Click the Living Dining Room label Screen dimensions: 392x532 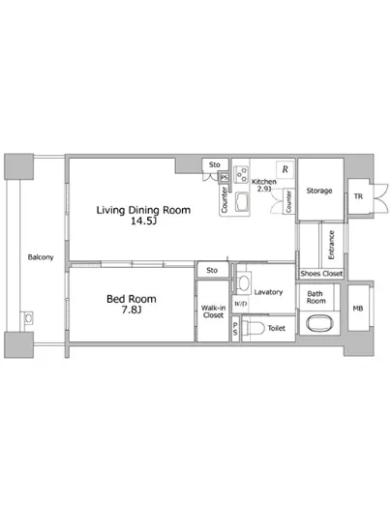tap(143, 210)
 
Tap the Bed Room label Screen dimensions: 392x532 tap(132, 299)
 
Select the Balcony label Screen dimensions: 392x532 tap(41, 257)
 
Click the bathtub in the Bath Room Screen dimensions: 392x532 tap(319, 323)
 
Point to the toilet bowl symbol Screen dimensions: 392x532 tap(254, 328)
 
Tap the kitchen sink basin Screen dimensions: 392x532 tap(241, 201)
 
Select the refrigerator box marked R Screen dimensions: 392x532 tap(286, 169)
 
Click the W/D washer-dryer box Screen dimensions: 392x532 tap(240, 304)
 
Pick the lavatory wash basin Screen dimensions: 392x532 tap(243, 282)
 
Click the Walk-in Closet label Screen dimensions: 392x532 tap(213, 311)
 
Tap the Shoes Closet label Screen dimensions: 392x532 tap(321, 274)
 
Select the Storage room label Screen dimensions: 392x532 tap(319, 191)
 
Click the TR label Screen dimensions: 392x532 tap(358, 196)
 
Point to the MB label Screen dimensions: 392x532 tap(358, 309)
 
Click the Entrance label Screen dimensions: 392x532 tap(332, 245)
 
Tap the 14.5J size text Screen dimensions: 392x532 tap(143, 222)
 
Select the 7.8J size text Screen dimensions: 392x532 tap(132, 310)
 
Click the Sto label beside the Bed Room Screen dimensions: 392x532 tap(212, 270)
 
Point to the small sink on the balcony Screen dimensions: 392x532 tap(28, 318)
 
